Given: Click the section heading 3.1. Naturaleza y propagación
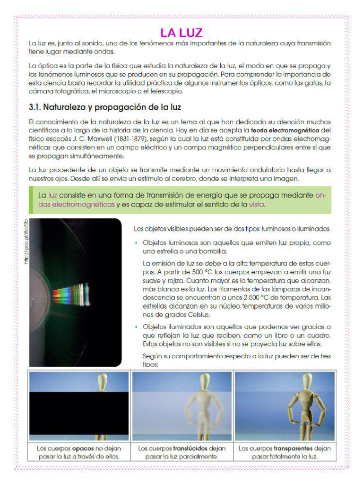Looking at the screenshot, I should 105,107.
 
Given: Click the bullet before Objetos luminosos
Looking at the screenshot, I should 136,243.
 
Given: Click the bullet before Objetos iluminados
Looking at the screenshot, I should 136,327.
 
